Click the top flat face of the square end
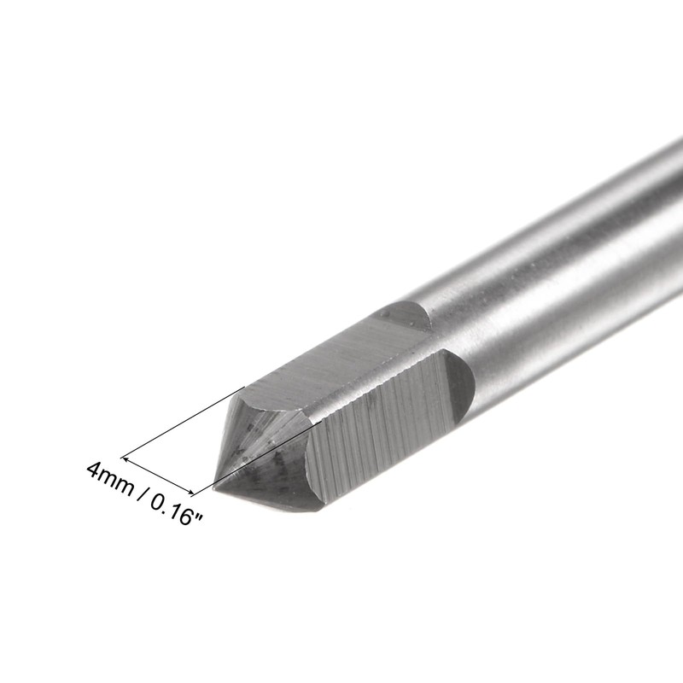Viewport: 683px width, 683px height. coord(333,359)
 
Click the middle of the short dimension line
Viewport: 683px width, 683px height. coord(158,473)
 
